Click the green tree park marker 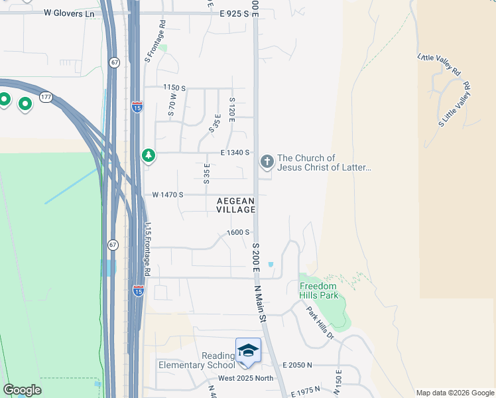[149, 155]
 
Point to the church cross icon [267, 161]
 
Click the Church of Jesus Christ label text [324, 163]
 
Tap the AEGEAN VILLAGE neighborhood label [235, 205]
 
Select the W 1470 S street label [167, 194]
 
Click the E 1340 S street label [234, 152]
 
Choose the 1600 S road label [238, 232]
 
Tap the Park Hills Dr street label [319, 322]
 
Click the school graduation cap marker [248, 350]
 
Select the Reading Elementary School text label [196, 359]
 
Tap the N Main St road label [260, 304]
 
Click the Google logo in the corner [22, 390]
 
